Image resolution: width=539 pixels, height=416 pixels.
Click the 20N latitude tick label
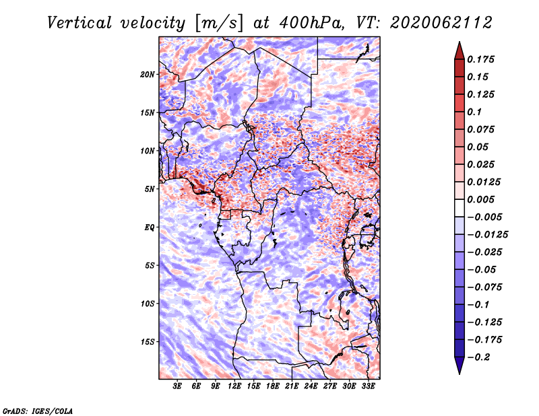[x=148, y=75]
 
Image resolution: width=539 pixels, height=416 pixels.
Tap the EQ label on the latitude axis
[x=150, y=228]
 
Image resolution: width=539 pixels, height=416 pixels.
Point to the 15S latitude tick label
[x=148, y=342]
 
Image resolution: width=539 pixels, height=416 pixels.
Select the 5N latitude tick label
[x=150, y=189]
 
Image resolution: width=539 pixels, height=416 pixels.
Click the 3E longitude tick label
[x=177, y=386]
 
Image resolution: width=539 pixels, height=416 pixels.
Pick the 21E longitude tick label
[x=292, y=386]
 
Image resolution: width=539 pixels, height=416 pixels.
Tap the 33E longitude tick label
[x=368, y=386]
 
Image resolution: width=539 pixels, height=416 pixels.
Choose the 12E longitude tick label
[x=234, y=386]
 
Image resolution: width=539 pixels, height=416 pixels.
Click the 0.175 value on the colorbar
[x=481, y=59]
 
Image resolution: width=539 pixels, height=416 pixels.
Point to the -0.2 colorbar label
[x=478, y=357]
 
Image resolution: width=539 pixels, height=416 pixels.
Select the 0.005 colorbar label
[x=481, y=199]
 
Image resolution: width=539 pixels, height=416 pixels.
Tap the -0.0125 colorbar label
[x=487, y=235]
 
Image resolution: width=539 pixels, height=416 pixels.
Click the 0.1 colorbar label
[x=475, y=112]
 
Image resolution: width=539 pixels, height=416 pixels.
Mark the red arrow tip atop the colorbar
[x=459, y=42]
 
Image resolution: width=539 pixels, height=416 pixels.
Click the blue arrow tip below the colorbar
[x=459, y=373]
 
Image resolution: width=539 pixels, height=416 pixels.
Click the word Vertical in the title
[x=80, y=23]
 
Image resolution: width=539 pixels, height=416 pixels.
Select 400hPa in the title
[x=312, y=23]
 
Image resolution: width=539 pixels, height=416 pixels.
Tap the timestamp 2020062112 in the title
[x=441, y=23]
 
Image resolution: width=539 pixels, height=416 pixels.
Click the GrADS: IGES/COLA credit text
[x=38, y=411]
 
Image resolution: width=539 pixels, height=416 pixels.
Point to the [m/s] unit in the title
[x=219, y=23]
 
